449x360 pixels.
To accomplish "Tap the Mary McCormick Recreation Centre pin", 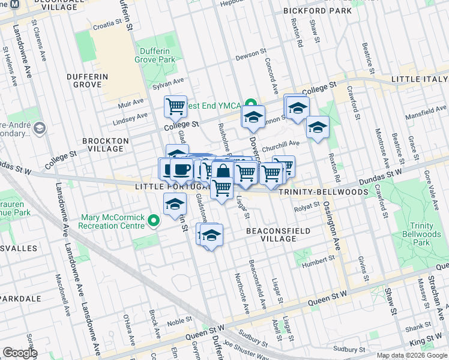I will [x=154, y=221].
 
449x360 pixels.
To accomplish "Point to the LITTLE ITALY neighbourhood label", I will [x=420, y=79].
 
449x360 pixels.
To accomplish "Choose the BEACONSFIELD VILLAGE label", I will [x=279, y=235].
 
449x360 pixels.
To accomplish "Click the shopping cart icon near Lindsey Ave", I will [x=175, y=106].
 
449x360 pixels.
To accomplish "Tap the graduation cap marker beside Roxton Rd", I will [x=318, y=126].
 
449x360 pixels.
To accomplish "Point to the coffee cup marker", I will [x=181, y=167].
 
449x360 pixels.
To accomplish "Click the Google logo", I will [x=20, y=353].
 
